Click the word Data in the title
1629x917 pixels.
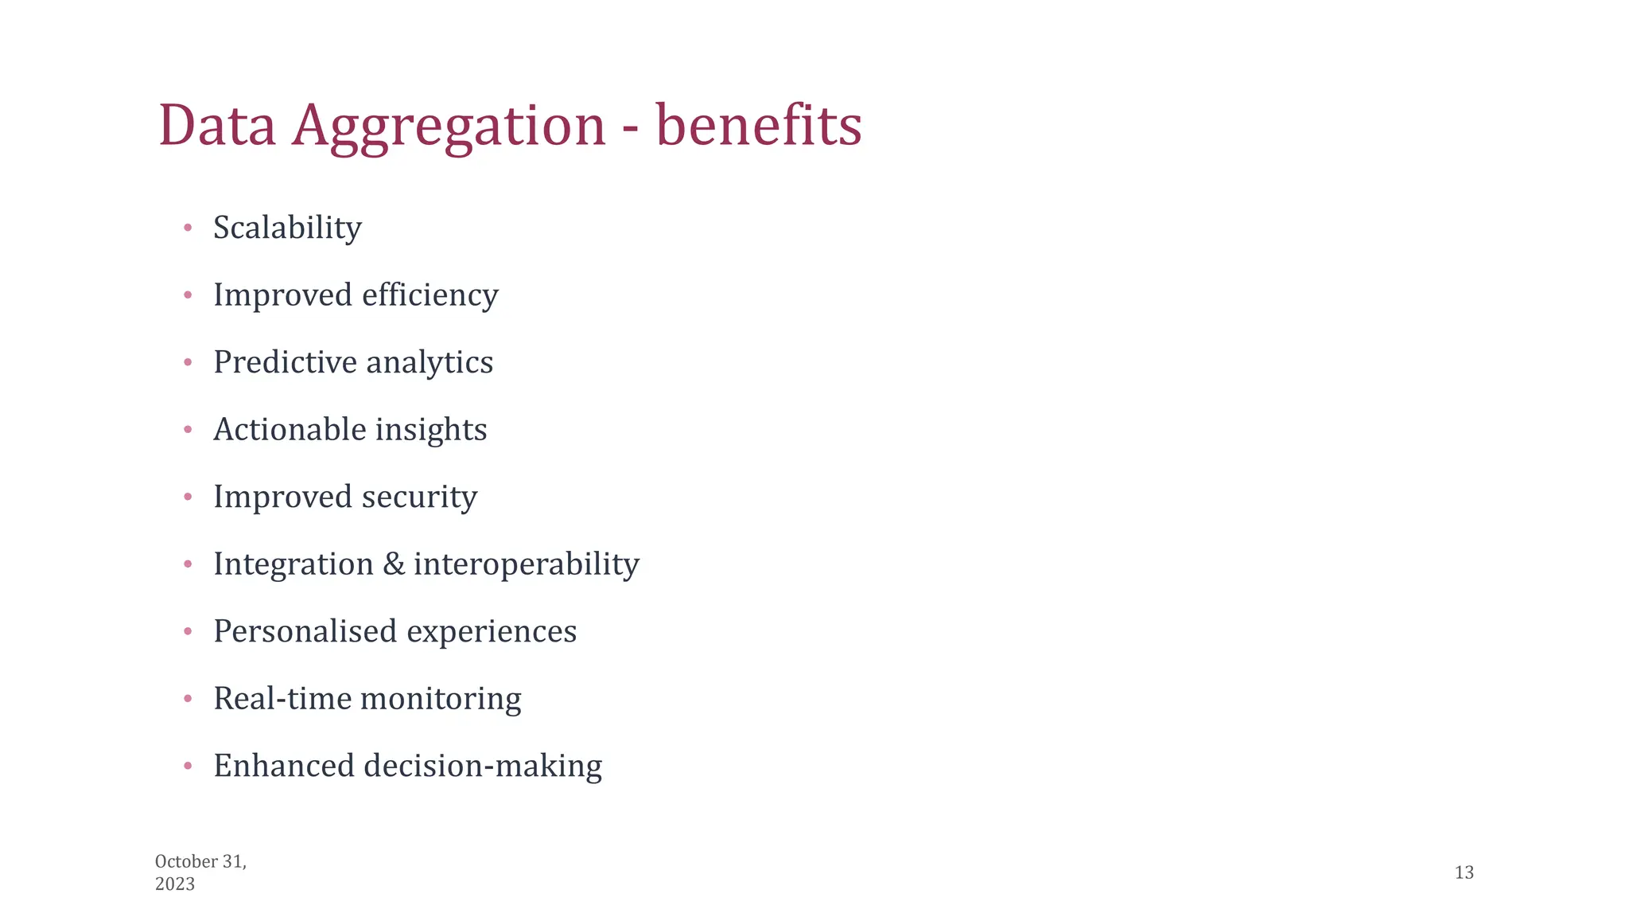pyautogui.click(x=217, y=126)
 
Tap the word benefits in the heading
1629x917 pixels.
pyautogui.click(x=759, y=126)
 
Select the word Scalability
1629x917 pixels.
pyautogui.click(x=287, y=228)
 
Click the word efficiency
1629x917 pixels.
pyautogui.click(x=430, y=295)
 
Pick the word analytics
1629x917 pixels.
pyautogui.click(x=430, y=363)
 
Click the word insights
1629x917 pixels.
pyautogui.click(x=431, y=431)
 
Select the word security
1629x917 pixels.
pyautogui.click(x=420, y=498)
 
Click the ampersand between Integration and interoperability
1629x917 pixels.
pyautogui.click(x=394, y=564)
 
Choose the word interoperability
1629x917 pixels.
pyautogui.click(x=527, y=564)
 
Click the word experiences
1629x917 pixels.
pyautogui.click(x=492, y=632)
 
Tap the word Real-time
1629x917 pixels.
pyautogui.click(x=282, y=699)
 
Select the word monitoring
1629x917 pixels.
pyautogui.click(x=441, y=700)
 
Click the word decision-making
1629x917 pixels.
pyautogui.click(x=483, y=767)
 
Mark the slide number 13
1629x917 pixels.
pyautogui.click(x=1464, y=873)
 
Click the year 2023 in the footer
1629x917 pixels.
pyautogui.click(x=175, y=884)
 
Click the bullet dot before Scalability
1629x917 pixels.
pyautogui.click(x=188, y=228)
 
